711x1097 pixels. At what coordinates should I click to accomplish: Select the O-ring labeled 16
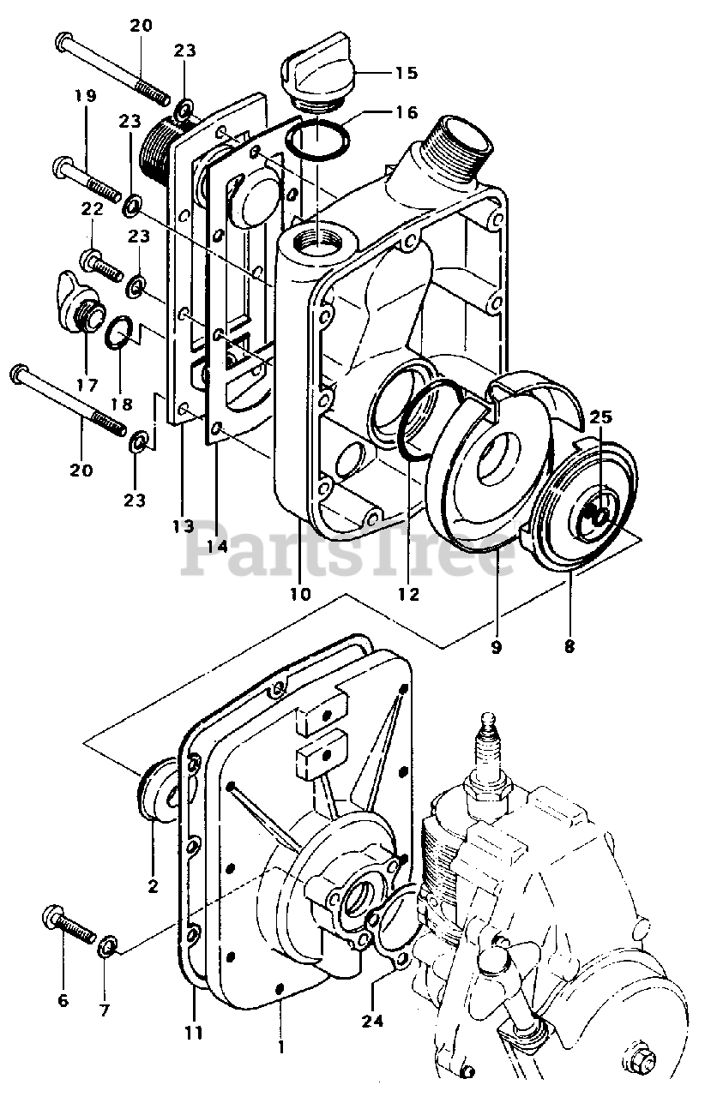(x=317, y=140)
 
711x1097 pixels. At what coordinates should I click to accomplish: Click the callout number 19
(x=85, y=97)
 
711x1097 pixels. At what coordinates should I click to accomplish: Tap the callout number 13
(x=183, y=525)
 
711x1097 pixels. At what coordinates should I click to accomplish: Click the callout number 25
(x=600, y=418)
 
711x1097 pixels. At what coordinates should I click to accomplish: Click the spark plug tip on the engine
(x=490, y=718)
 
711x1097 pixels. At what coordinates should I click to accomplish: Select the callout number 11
(x=194, y=1032)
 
